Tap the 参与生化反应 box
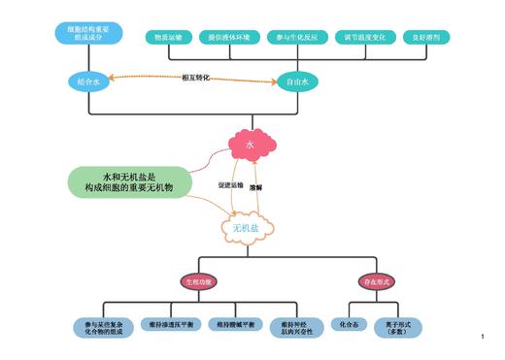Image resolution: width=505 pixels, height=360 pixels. click(293, 36)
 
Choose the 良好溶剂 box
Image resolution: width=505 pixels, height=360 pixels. click(423, 36)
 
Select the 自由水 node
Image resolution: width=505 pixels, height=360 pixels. click(298, 82)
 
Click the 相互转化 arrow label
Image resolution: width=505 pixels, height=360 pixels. click(195, 77)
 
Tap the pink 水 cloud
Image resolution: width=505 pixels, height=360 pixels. click(251, 145)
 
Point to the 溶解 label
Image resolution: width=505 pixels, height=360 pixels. click(256, 186)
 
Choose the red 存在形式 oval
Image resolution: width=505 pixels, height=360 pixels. click(374, 280)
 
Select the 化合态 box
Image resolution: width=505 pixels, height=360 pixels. click(346, 324)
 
